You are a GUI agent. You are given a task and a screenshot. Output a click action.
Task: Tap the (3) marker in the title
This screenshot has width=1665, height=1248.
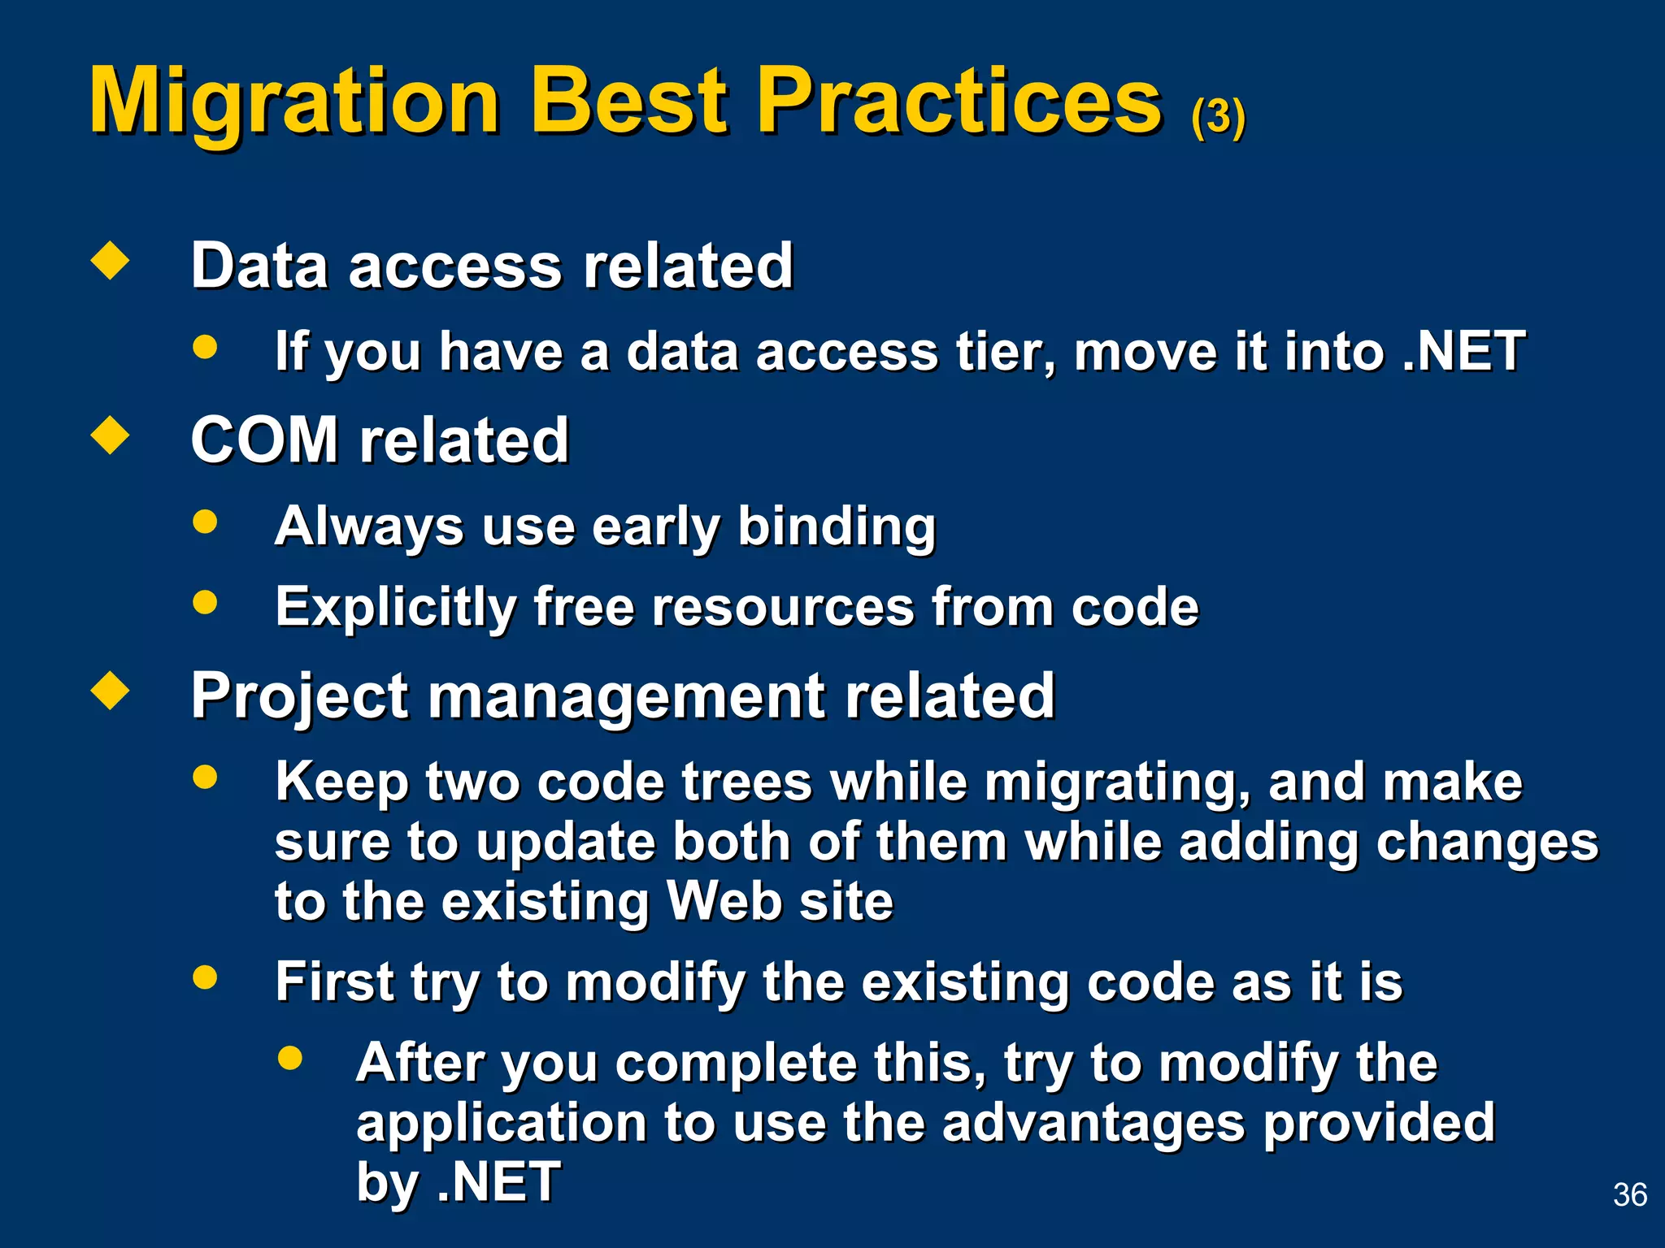[x=1217, y=118]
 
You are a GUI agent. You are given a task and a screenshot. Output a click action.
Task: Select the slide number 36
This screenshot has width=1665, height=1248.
[x=1629, y=1194]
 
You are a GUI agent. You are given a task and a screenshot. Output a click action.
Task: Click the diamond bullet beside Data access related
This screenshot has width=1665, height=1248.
[x=111, y=261]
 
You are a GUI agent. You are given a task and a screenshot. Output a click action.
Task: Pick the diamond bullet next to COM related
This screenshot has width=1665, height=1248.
[x=111, y=435]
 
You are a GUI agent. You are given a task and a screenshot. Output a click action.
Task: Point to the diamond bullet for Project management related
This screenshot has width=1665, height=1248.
[x=111, y=691]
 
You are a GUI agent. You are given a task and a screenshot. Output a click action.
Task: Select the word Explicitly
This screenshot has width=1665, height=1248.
[x=396, y=608]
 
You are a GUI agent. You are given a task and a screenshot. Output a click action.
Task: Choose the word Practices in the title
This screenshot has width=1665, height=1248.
[x=959, y=102]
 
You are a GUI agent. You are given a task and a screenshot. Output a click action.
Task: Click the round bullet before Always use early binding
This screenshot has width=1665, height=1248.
[x=205, y=521]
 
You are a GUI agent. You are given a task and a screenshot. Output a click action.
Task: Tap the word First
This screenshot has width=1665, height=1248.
[x=334, y=982]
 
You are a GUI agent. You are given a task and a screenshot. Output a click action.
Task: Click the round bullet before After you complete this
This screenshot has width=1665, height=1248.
[x=289, y=1057]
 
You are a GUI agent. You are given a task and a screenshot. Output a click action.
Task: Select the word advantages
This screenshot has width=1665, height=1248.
[x=1093, y=1124]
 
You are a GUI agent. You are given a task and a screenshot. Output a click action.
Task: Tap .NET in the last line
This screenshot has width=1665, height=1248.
[x=498, y=1182]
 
